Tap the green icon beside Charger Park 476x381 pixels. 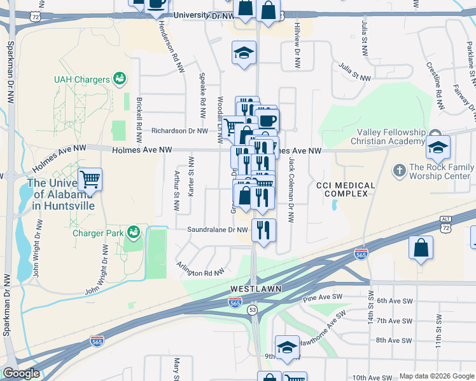click(x=133, y=233)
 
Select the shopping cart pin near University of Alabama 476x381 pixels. click(x=90, y=180)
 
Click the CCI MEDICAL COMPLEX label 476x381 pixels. click(x=346, y=189)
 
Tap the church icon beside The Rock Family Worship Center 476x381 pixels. click(x=399, y=170)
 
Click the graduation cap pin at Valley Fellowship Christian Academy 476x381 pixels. click(x=438, y=149)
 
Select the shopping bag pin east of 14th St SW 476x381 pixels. click(x=421, y=249)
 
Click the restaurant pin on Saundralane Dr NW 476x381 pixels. click(x=263, y=230)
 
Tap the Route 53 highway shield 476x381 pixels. click(x=253, y=309)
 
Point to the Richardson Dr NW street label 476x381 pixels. click(x=179, y=131)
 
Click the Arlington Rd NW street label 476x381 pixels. click(x=200, y=267)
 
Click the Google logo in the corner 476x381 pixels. click(x=21, y=373)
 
